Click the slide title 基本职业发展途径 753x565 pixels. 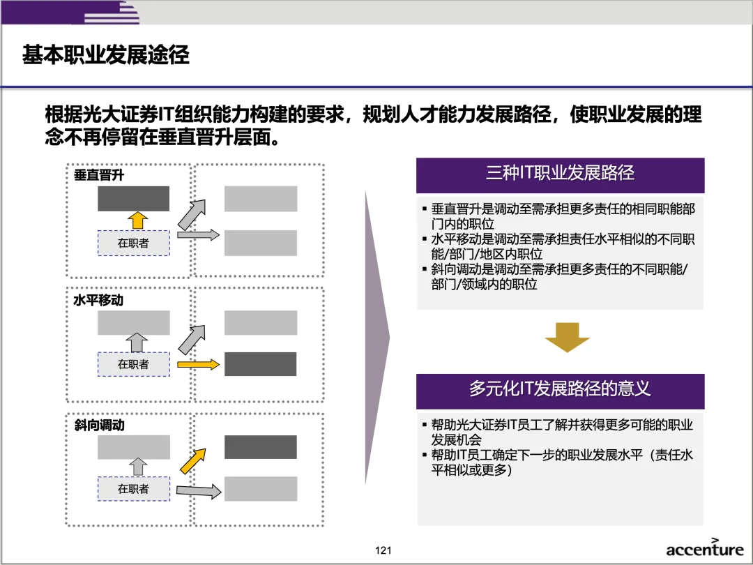coord(106,55)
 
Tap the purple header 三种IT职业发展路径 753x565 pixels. coord(560,174)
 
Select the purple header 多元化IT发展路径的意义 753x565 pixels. coord(560,390)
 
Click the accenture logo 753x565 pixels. coord(704,548)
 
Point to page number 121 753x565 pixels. coord(383,550)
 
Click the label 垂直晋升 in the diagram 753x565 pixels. coord(99,175)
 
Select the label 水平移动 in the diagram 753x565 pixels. coord(99,301)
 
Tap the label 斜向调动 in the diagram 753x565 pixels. coord(99,425)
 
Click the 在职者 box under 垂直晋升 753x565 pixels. coord(133,243)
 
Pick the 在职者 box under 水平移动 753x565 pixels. coord(133,364)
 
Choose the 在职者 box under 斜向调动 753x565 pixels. coord(133,489)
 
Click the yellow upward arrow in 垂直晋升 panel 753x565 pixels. coord(138,220)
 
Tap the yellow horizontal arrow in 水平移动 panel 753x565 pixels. coord(199,364)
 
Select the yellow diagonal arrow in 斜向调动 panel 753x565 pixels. coord(193,460)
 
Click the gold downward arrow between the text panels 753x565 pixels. coord(567,338)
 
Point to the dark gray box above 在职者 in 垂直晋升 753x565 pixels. coord(133,199)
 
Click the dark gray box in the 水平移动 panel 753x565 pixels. coord(260,364)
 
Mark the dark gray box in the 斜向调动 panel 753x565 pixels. coord(260,447)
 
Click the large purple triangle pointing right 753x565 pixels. coord(377,338)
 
